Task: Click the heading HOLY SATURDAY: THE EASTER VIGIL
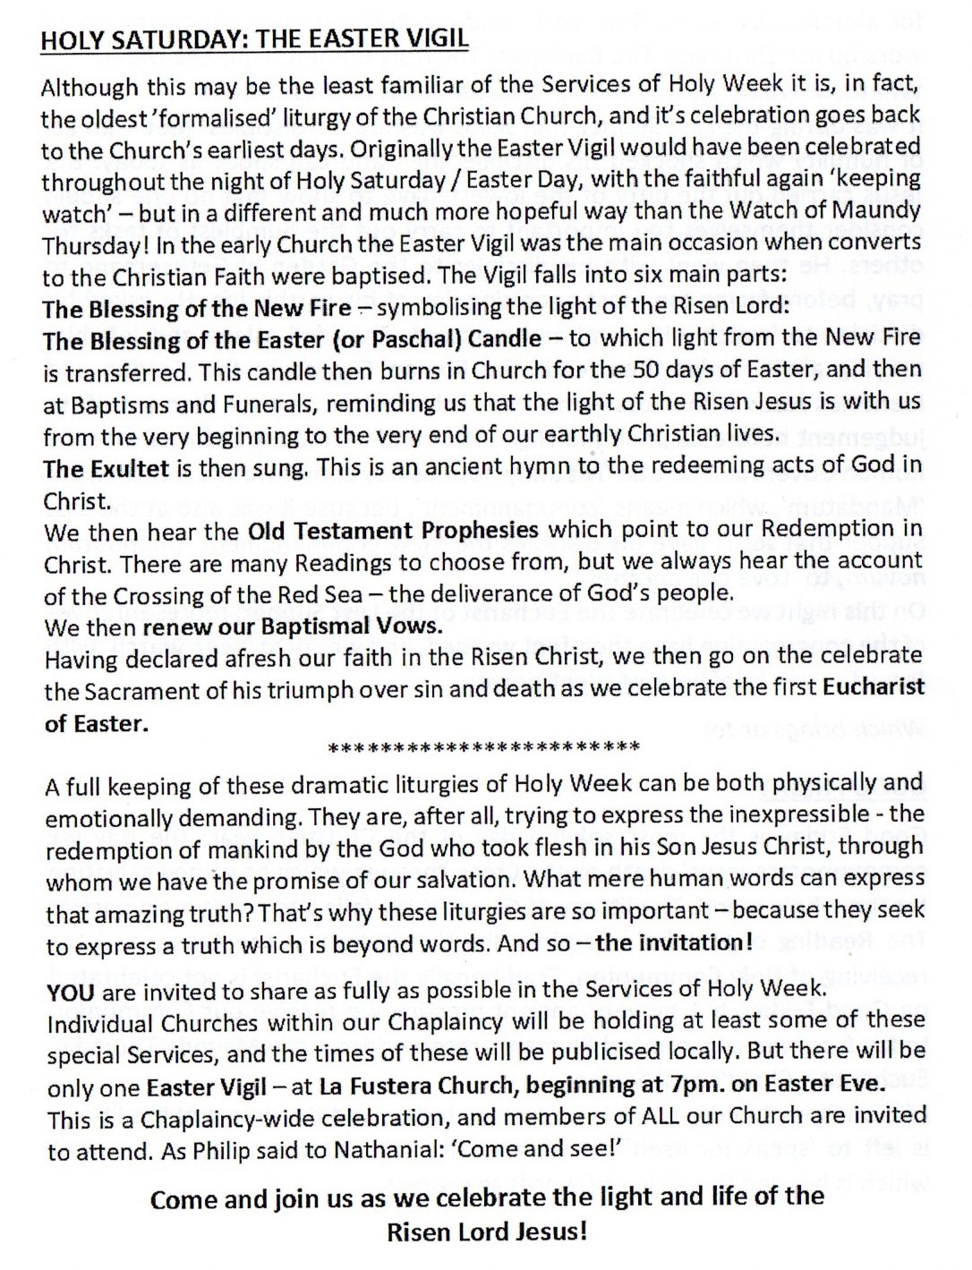click(x=254, y=41)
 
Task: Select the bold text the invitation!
click(x=675, y=942)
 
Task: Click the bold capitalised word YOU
click(x=70, y=990)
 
